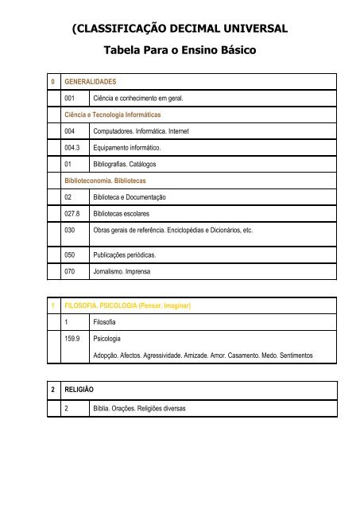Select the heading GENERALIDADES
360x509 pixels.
[x=91, y=81]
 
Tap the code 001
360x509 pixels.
[x=73, y=98]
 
